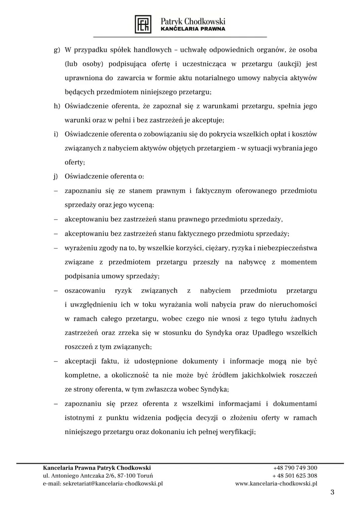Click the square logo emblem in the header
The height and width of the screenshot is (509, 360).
tap(144, 24)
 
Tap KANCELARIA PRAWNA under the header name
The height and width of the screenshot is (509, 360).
tap(193, 29)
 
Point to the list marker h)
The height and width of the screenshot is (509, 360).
tap(57, 106)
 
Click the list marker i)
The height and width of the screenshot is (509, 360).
tap(56, 134)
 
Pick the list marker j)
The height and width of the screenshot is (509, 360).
tap(56, 176)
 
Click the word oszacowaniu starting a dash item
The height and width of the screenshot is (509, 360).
tap(86, 290)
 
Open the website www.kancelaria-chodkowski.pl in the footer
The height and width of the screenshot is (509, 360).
tap(276, 483)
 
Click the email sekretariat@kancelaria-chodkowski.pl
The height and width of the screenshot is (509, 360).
tap(103, 483)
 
